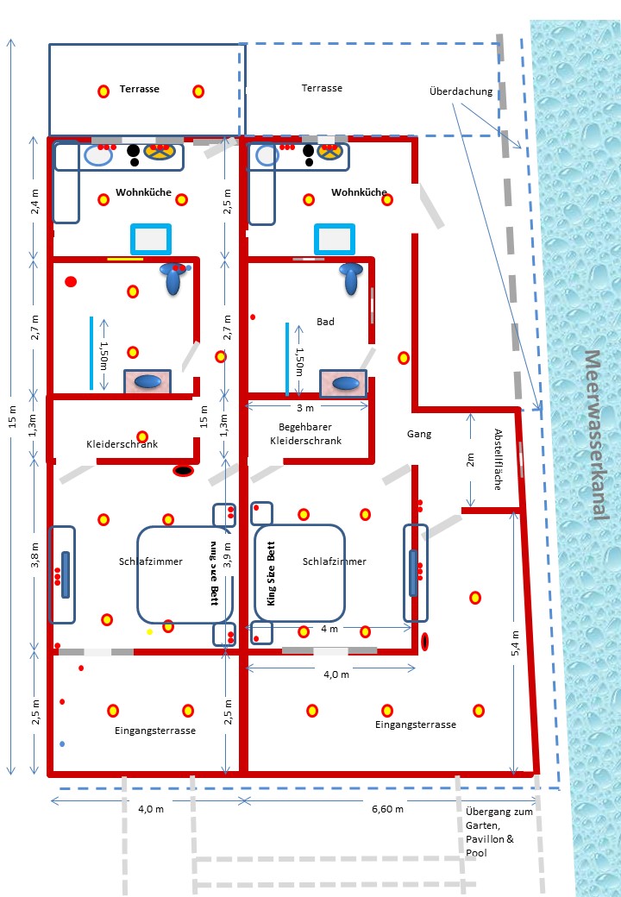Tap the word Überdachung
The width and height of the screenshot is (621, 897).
coord(461,91)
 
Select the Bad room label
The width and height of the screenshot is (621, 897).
coord(325,322)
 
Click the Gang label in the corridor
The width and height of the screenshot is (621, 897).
coord(419,434)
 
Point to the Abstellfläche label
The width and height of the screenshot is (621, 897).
coord(498,459)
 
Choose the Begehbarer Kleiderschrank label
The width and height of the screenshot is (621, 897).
coord(305,434)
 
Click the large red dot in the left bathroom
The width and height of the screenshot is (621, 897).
coord(71,280)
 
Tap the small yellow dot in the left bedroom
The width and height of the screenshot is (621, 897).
coord(149,632)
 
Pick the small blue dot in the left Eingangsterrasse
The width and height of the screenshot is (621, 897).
coord(62,743)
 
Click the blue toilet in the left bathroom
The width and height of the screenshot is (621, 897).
coord(175,278)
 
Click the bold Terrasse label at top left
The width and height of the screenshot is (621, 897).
coord(139,89)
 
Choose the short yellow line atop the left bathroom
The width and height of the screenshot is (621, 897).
coord(125,258)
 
